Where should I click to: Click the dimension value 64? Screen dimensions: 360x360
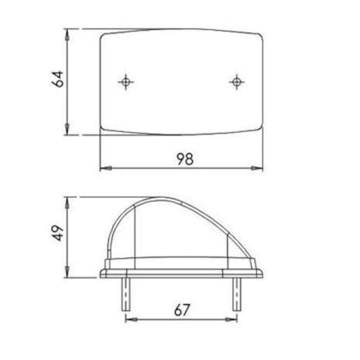(x=57, y=79)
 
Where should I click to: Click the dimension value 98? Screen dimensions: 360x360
(x=185, y=159)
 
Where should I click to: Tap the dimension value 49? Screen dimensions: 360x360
(x=58, y=233)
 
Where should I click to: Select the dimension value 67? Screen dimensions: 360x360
(x=182, y=310)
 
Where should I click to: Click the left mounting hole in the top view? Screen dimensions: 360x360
(x=126, y=82)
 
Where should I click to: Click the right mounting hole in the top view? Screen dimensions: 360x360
(x=237, y=82)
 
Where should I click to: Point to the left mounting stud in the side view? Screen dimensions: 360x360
(x=126, y=294)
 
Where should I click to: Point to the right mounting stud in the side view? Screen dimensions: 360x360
(x=237, y=294)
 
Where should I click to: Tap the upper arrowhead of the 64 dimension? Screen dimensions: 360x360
(x=67, y=34)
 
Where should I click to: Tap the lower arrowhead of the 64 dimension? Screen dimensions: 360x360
(x=67, y=129)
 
